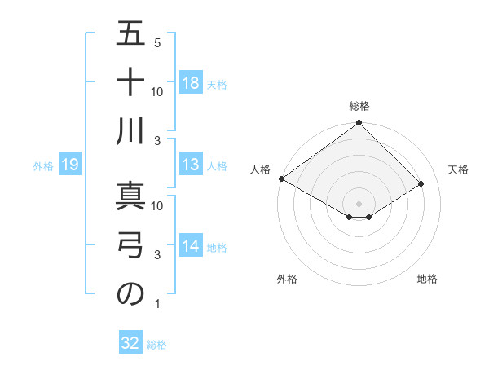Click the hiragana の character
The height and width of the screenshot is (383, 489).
tap(130, 294)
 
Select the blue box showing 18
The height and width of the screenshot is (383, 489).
tap(191, 83)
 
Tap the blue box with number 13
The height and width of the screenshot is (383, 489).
tap(191, 165)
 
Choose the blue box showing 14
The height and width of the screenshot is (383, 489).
tap(191, 247)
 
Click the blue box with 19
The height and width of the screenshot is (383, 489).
tap(69, 165)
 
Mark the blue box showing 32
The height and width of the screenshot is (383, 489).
tap(130, 343)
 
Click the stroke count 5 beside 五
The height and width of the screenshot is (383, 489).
tap(157, 42)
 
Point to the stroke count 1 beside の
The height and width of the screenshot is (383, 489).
tap(157, 304)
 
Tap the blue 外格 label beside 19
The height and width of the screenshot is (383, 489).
tap(43, 166)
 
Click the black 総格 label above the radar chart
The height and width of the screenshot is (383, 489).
tap(359, 106)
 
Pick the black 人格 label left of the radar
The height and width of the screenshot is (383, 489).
tap(260, 169)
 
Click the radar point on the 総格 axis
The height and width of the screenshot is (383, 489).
tap(359, 124)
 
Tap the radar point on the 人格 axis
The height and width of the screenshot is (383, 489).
tap(282, 178)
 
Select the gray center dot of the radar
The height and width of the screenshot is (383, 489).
tap(359, 203)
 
